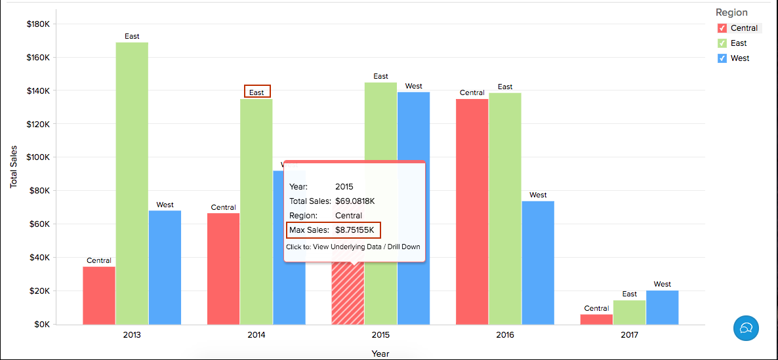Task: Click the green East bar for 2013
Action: point(132,183)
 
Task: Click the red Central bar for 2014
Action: point(223,268)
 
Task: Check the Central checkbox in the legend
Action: point(722,28)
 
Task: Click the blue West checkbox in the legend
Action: point(722,58)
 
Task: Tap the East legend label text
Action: point(739,43)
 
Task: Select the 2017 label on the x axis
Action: point(629,334)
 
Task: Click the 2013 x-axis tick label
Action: point(132,334)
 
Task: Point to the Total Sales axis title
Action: point(13,167)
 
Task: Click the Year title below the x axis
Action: point(380,353)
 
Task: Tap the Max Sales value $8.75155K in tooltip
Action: point(354,230)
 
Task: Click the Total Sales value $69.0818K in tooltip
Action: point(355,201)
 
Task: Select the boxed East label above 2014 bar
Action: point(256,92)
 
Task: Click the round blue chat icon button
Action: point(746,327)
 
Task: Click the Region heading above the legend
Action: point(731,12)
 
